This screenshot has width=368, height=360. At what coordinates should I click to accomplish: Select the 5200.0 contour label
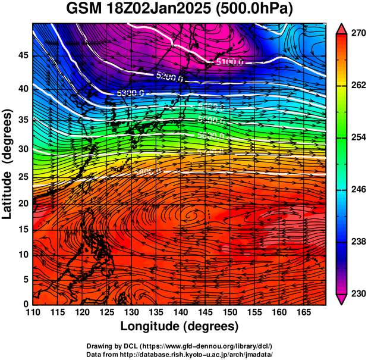[170, 76]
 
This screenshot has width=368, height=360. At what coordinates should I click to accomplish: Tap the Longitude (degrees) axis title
[179, 326]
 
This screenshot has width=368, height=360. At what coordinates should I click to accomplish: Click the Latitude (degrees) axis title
[8, 162]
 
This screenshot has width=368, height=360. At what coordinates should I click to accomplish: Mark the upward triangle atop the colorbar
[341, 28]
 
